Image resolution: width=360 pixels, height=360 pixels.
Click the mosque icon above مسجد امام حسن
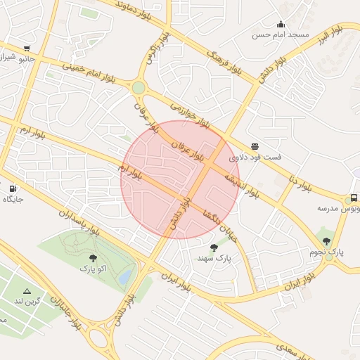pyautogui.click(x=281, y=24)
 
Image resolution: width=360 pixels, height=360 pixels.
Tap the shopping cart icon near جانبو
pyautogui.click(x=27, y=49)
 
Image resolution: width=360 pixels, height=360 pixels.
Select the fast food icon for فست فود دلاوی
pyautogui.click(x=254, y=146)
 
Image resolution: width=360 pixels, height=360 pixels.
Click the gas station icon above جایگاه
pyautogui.click(x=13, y=188)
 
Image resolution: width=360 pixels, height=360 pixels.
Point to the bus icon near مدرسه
pyautogui.click(x=354, y=198)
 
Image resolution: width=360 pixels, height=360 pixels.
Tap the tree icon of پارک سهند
pyautogui.click(x=214, y=247)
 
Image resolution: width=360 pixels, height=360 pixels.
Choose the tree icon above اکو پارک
pyautogui.click(x=93, y=257)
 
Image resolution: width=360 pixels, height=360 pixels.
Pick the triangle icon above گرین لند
pyautogui.click(x=27, y=291)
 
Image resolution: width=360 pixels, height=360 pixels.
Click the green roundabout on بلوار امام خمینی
pyautogui.click(x=138, y=88)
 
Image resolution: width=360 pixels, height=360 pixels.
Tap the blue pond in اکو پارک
pyautogui.click(x=125, y=278)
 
